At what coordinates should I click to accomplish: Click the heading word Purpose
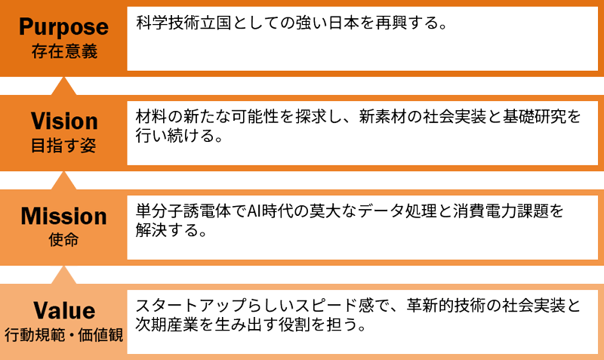point(64,27)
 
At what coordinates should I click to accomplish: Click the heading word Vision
point(64,121)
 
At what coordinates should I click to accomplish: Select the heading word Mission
point(64,217)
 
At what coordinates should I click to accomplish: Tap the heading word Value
point(64,310)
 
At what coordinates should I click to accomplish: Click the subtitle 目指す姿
point(64,146)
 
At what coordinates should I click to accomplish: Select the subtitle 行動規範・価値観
point(64,333)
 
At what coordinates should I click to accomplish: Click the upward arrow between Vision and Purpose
point(64,85)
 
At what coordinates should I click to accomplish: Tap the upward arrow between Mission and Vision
point(64,180)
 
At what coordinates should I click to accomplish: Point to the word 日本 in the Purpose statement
point(338,23)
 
